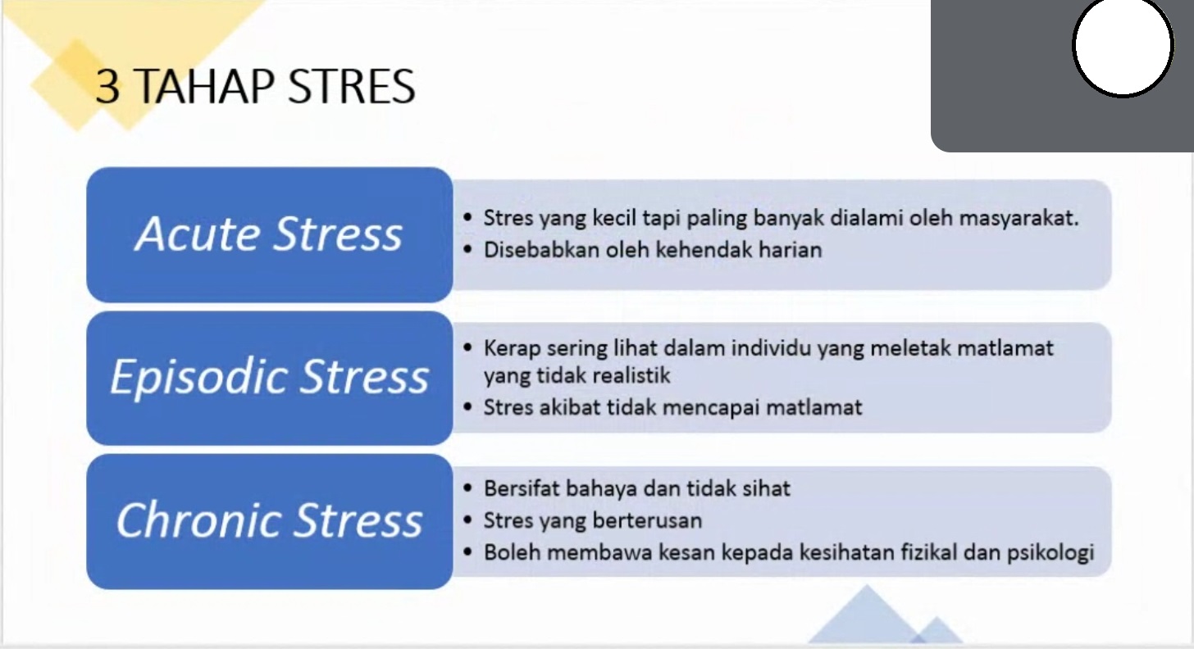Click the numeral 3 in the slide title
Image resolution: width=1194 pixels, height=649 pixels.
pyautogui.click(x=107, y=86)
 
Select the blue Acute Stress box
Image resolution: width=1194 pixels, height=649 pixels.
pyautogui.click(x=270, y=235)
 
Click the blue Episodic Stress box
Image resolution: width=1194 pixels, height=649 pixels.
pyautogui.click(x=270, y=379)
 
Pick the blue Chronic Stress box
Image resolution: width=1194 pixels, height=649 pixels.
pyautogui.click(x=270, y=522)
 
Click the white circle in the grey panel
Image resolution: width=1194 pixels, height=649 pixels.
pyautogui.click(x=1123, y=47)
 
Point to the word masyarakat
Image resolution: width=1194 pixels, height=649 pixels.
pyautogui.click(x=1019, y=219)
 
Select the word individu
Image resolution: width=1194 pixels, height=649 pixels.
pyautogui.click(x=771, y=348)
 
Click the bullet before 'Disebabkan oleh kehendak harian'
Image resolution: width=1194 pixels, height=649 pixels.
pyautogui.click(x=467, y=249)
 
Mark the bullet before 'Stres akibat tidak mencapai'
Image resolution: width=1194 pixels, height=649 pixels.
pyautogui.click(x=467, y=407)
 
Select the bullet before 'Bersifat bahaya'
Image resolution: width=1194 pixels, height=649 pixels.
pyautogui.click(x=467, y=488)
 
